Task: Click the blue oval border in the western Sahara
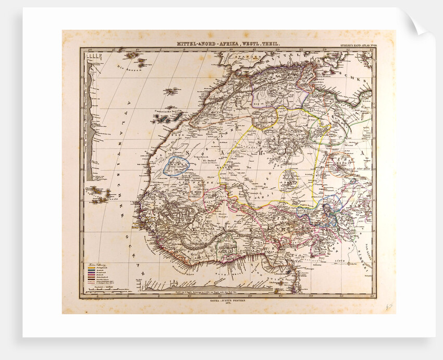click(x=176, y=165)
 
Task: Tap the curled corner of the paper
click(x=420, y=23)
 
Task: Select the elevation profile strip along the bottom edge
click(x=208, y=286)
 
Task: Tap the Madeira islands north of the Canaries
click(x=170, y=92)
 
